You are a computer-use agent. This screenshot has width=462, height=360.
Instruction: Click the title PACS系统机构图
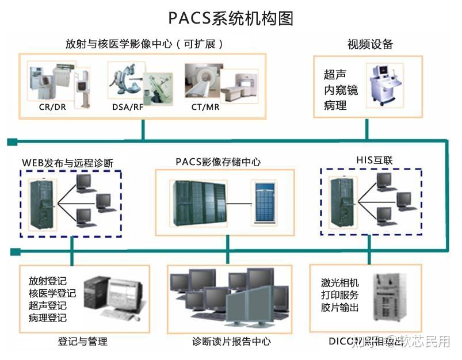231,18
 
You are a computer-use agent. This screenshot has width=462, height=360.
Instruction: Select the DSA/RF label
128,107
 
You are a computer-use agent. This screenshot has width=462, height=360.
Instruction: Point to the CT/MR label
206,107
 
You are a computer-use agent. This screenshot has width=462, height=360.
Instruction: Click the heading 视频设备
370,44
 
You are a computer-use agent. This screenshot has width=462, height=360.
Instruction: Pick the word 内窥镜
341,90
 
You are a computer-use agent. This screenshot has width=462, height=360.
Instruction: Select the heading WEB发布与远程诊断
67,163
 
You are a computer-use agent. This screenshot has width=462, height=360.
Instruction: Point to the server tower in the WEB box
42,202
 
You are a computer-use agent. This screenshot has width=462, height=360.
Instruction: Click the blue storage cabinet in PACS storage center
264,202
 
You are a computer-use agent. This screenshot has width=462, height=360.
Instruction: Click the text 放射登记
47,281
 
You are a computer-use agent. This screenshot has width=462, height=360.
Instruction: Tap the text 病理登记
47,318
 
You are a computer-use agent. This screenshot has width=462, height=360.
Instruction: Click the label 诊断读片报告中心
231,342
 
